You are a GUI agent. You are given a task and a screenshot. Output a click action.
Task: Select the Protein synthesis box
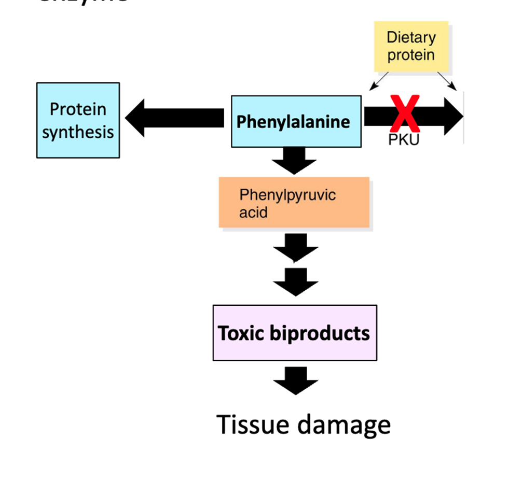[78, 120]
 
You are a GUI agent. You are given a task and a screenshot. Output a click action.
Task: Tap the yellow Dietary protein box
[411, 46]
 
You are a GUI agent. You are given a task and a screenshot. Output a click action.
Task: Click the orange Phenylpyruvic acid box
[294, 203]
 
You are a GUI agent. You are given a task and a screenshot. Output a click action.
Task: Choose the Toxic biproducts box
[295, 333]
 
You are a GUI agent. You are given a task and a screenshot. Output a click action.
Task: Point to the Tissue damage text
[304, 424]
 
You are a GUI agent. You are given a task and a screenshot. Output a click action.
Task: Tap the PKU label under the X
[403, 139]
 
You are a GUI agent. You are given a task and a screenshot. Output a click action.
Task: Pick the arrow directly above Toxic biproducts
[295, 281]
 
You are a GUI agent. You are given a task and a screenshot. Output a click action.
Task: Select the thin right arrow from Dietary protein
[447, 80]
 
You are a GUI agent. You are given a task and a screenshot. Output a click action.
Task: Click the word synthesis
[78, 132]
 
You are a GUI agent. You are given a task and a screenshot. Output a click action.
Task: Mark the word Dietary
[411, 37]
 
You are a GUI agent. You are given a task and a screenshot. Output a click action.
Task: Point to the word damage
[345, 424]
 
